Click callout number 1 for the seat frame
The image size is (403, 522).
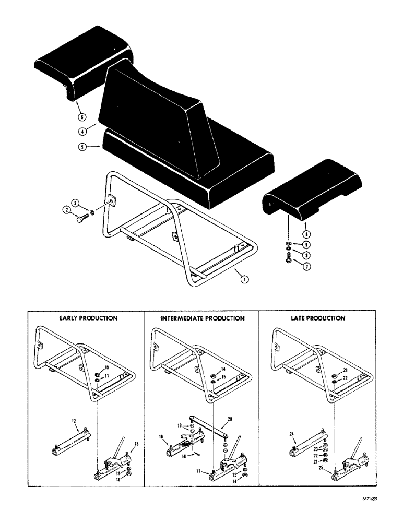coord(244,279)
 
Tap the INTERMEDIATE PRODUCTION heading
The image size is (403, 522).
coord(202,318)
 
